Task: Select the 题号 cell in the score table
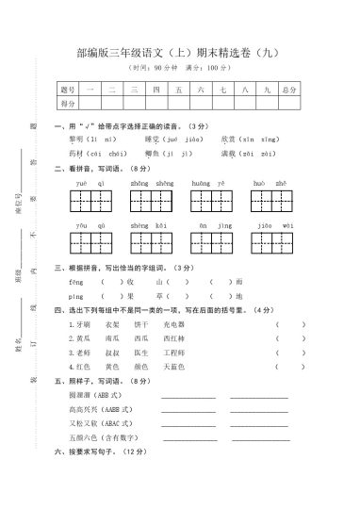point(67,90)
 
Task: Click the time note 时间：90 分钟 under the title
point(156,70)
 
